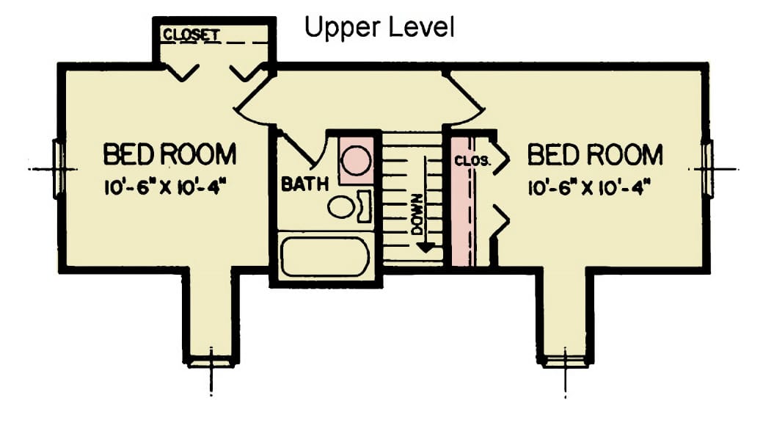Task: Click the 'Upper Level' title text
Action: coord(379,27)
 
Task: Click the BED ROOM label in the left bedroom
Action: coord(169,155)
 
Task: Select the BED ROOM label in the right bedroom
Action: coord(595,155)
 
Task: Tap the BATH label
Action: coord(304,184)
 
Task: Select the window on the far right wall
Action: coord(707,168)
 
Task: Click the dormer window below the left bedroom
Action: coord(211,361)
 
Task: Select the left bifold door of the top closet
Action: coord(179,72)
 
